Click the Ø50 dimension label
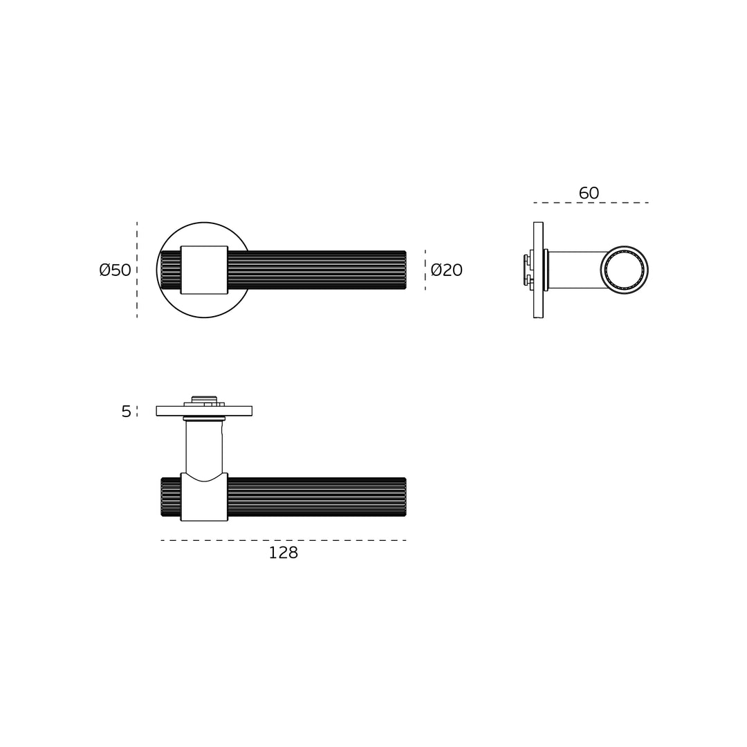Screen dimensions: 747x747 [x=115, y=270]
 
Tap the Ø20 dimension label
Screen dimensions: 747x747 [x=446, y=270]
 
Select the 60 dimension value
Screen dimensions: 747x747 [x=589, y=194]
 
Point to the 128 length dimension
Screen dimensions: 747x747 [x=283, y=553]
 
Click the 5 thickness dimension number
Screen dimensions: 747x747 [x=126, y=412]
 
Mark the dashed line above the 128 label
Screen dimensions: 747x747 [x=283, y=540]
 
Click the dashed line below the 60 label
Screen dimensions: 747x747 [x=591, y=203]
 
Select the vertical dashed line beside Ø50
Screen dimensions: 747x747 [x=137, y=270]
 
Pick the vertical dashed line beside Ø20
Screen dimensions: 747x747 [x=425, y=270]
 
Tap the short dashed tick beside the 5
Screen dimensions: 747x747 [x=137, y=411]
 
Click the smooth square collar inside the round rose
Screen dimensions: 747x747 [x=204, y=270]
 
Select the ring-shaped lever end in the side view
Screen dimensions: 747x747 [x=624, y=270]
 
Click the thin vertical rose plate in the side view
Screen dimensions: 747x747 [x=538, y=270]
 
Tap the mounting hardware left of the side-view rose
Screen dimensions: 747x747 [x=528, y=270]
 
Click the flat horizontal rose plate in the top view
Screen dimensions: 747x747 [x=204, y=411]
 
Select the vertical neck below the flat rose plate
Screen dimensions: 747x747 [x=204, y=446]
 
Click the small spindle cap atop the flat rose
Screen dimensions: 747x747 [x=204, y=399]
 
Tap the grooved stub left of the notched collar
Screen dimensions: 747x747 [x=171, y=497]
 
